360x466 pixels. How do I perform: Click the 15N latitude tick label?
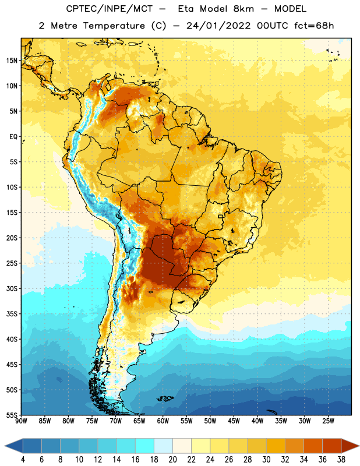(12, 61)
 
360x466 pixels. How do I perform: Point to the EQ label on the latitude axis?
(13, 137)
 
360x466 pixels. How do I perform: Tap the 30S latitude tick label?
(12, 288)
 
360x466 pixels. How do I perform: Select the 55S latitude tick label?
(12, 415)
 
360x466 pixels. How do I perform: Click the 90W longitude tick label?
(22, 421)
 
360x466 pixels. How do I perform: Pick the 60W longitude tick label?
(163, 421)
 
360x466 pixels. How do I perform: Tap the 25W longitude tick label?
(328, 421)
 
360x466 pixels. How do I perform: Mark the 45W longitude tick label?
(234, 421)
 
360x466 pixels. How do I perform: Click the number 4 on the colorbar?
(23, 460)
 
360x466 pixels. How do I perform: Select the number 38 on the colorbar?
(341, 460)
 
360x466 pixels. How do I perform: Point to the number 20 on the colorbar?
(172, 460)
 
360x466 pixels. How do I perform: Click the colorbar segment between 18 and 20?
(163, 446)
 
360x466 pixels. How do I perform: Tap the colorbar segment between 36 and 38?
(332, 446)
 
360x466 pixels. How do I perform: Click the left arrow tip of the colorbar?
(5, 446)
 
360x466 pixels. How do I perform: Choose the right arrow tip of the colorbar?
(359, 446)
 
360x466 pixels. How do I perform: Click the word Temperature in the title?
(114, 26)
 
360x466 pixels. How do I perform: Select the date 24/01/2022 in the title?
(218, 26)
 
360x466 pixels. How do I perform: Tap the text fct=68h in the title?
(314, 26)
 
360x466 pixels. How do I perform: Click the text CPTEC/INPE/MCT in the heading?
(110, 9)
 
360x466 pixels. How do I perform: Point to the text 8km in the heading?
(243, 9)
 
